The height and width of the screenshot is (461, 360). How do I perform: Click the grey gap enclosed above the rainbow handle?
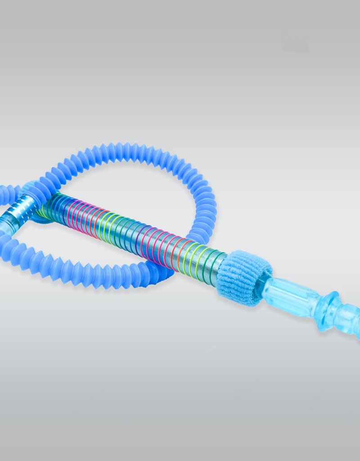coord(135,189)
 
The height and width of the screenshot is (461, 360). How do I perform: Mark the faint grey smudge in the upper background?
coord(295,45)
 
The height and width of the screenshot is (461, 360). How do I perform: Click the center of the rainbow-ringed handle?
coord(130,230)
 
